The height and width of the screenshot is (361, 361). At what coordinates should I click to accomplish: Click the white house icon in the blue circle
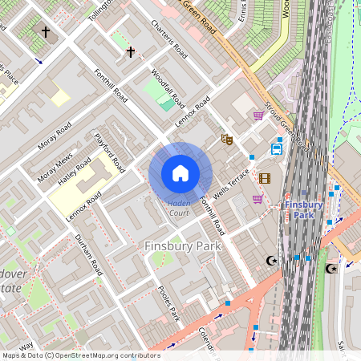click(180, 173)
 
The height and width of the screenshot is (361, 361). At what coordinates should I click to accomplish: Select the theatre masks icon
click(227, 139)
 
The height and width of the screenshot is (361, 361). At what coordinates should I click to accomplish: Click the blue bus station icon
click(277, 148)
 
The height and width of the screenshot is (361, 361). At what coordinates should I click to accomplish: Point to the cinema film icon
click(265, 178)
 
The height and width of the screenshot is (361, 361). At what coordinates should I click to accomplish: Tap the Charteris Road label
click(169, 39)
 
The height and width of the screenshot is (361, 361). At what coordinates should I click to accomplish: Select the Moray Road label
click(54, 140)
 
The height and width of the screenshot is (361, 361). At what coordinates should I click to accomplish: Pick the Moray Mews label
click(55, 166)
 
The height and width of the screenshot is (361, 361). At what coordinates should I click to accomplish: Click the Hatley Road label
click(74, 172)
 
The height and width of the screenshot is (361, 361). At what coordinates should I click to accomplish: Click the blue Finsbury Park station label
click(304, 209)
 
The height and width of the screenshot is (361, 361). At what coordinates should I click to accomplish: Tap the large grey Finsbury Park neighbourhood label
click(182, 246)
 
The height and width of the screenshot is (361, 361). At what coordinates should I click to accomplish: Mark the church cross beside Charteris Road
click(130, 51)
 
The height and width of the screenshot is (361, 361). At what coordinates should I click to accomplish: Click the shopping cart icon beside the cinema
click(258, 199)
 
